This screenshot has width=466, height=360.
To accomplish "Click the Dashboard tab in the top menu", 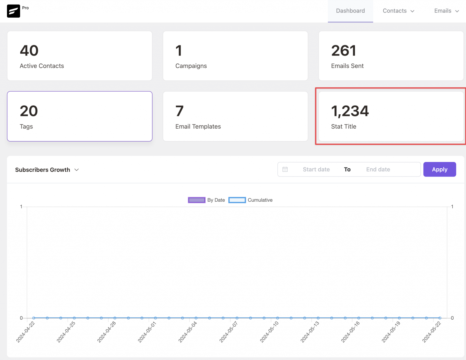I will point(350,11).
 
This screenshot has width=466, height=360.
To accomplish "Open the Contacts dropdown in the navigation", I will point(398,11).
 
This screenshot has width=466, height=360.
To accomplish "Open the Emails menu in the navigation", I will point(446,11).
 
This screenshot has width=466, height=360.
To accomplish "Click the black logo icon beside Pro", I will point(13,11).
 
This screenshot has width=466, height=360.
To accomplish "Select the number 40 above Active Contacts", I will point(29,51).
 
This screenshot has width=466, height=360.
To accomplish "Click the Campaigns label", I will point(191,66).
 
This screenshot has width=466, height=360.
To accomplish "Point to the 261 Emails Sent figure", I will point(343,51).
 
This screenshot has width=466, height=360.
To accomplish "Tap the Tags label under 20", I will point(26,126).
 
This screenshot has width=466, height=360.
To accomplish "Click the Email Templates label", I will point(198,126).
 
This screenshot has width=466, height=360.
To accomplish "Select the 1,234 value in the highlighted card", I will point(350,111).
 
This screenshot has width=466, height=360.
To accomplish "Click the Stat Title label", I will point(344,126).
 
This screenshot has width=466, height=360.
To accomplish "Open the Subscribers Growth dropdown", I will point(47,170).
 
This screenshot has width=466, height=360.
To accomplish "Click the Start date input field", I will point(316,170).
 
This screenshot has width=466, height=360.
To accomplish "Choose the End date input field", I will point(378,170).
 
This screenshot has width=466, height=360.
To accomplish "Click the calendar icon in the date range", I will point(285,169).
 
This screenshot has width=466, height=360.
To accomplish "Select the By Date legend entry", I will point(207,200).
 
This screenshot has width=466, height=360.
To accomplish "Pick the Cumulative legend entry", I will point(251,200).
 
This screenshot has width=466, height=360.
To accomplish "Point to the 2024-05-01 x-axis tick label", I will point(147,332).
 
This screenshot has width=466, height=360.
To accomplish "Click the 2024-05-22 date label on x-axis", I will point(432,332).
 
